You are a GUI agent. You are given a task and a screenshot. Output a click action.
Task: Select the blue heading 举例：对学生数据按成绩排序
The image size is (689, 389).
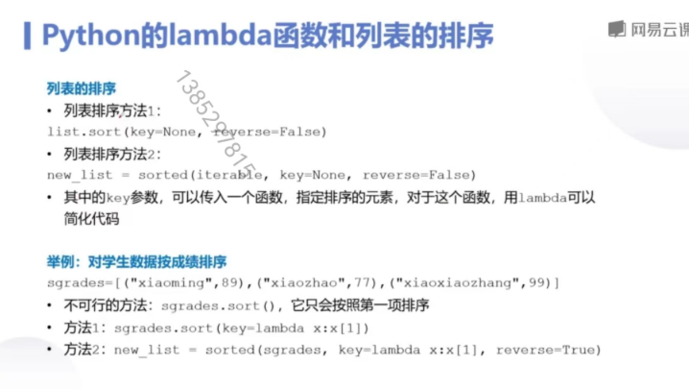[136, 261]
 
